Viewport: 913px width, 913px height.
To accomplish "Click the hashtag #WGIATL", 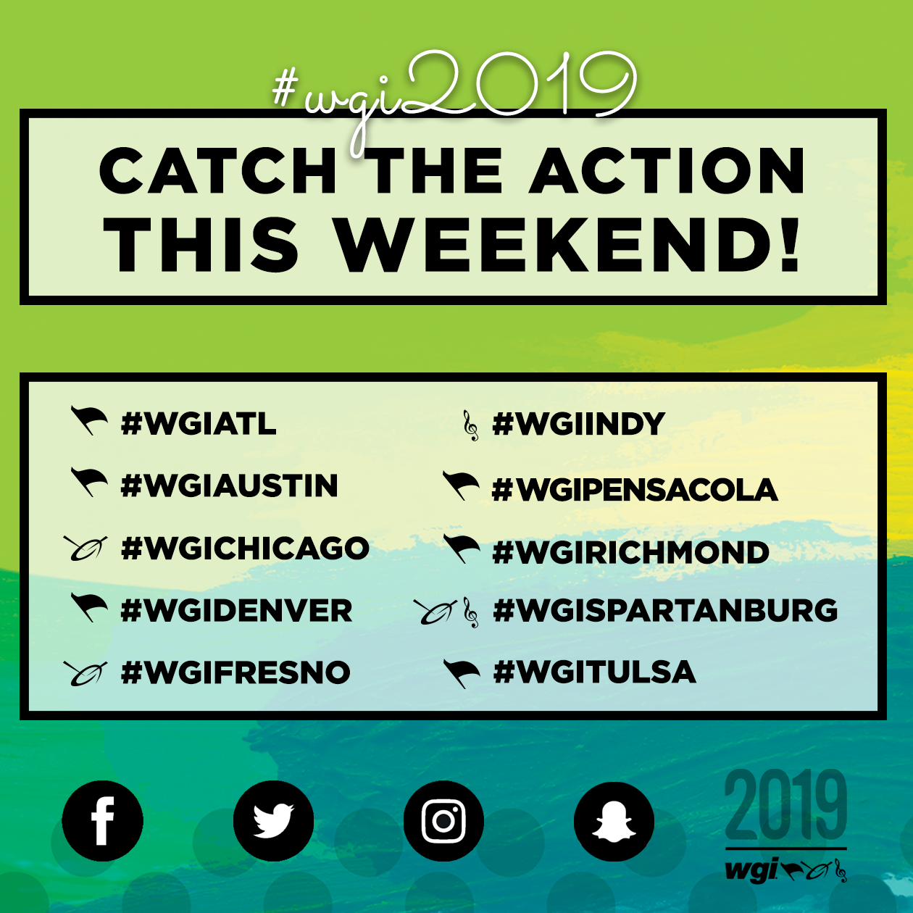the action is [x=199, y=423].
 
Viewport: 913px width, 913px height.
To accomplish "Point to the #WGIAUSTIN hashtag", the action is [x=229, y=485].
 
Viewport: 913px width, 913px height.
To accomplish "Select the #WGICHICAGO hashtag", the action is [x=245, y=549].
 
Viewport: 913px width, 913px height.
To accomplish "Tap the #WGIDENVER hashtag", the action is [x=236, y=610].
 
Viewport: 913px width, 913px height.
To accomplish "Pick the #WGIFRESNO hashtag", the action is [x=235, y=672].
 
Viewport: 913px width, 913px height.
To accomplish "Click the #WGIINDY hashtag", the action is [x=579, y=423].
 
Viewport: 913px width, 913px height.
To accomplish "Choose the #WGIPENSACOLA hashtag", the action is [x=635, y=489].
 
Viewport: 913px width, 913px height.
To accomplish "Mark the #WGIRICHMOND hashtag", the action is [x=630, y=552].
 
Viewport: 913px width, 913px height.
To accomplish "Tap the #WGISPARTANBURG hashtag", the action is [x=665, y=610].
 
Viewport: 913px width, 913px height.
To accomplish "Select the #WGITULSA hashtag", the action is [x=595, y=672].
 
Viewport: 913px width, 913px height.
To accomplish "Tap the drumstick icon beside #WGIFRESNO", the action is [x=86, y=673].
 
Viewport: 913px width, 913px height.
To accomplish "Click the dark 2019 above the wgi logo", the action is [x=785, y=806].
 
